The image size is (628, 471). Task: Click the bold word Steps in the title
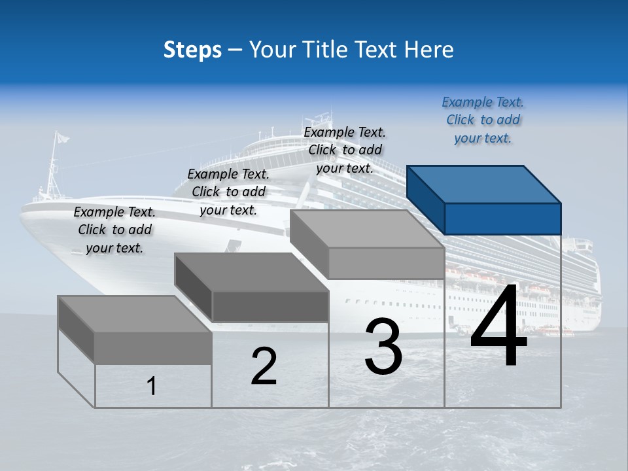pos(192,50)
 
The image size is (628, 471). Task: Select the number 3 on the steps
pos(383,347)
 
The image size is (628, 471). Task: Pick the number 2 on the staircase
pos(264,366)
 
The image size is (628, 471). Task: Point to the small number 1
pos(152,386)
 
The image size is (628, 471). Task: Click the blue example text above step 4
pos(483,120)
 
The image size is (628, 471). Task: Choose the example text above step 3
pos(345,150)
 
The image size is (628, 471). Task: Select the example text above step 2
pos(228,192)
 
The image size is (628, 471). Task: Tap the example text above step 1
pos(114,230)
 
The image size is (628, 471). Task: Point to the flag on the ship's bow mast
pos(61,138)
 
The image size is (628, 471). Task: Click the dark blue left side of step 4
pos(425,200)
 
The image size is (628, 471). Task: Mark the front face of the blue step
pos(502,218)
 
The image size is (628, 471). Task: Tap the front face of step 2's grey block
pos(270,306)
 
